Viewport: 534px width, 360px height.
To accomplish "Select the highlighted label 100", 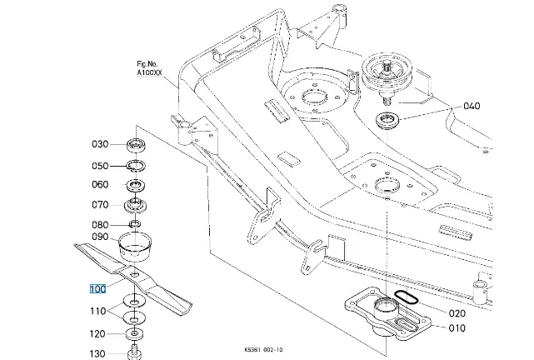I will tap(97, 289).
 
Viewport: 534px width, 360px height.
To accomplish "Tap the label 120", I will tap(97, 333).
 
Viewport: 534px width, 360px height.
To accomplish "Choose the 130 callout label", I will tap(97, 354).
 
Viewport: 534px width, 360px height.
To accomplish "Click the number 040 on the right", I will tap(472, 107).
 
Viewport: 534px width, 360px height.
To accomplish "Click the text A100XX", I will tap(151, 72).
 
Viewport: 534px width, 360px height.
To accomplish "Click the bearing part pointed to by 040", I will tap(390, 120).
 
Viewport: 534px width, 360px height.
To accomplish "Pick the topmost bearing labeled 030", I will tap(136, 142).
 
